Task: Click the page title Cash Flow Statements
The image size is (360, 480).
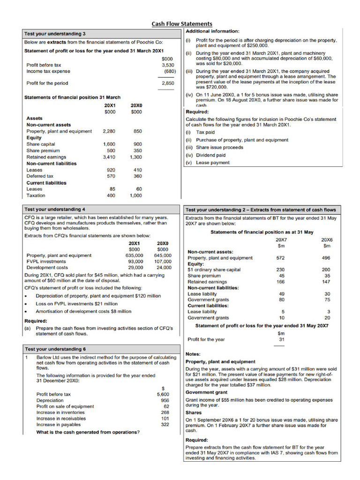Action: (181, 24)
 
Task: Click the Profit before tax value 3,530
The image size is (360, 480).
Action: (168, 65)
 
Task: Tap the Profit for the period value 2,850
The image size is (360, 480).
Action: (168, 83)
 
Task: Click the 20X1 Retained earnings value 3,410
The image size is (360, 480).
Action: (111, 157)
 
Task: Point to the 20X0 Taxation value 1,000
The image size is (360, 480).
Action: (135, 195)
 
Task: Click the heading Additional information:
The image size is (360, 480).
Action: (213, 31)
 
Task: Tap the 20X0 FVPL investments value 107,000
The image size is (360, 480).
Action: (162, 262)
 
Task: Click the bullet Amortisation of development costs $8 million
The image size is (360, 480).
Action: (83, 311)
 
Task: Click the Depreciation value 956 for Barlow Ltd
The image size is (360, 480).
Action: (165, 400)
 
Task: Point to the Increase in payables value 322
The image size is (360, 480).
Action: (165, 424)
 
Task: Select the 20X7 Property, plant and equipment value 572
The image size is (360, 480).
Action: (280, 258)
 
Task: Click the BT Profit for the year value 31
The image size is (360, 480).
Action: (281, 339)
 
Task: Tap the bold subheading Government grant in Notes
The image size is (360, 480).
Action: (206, 392)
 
